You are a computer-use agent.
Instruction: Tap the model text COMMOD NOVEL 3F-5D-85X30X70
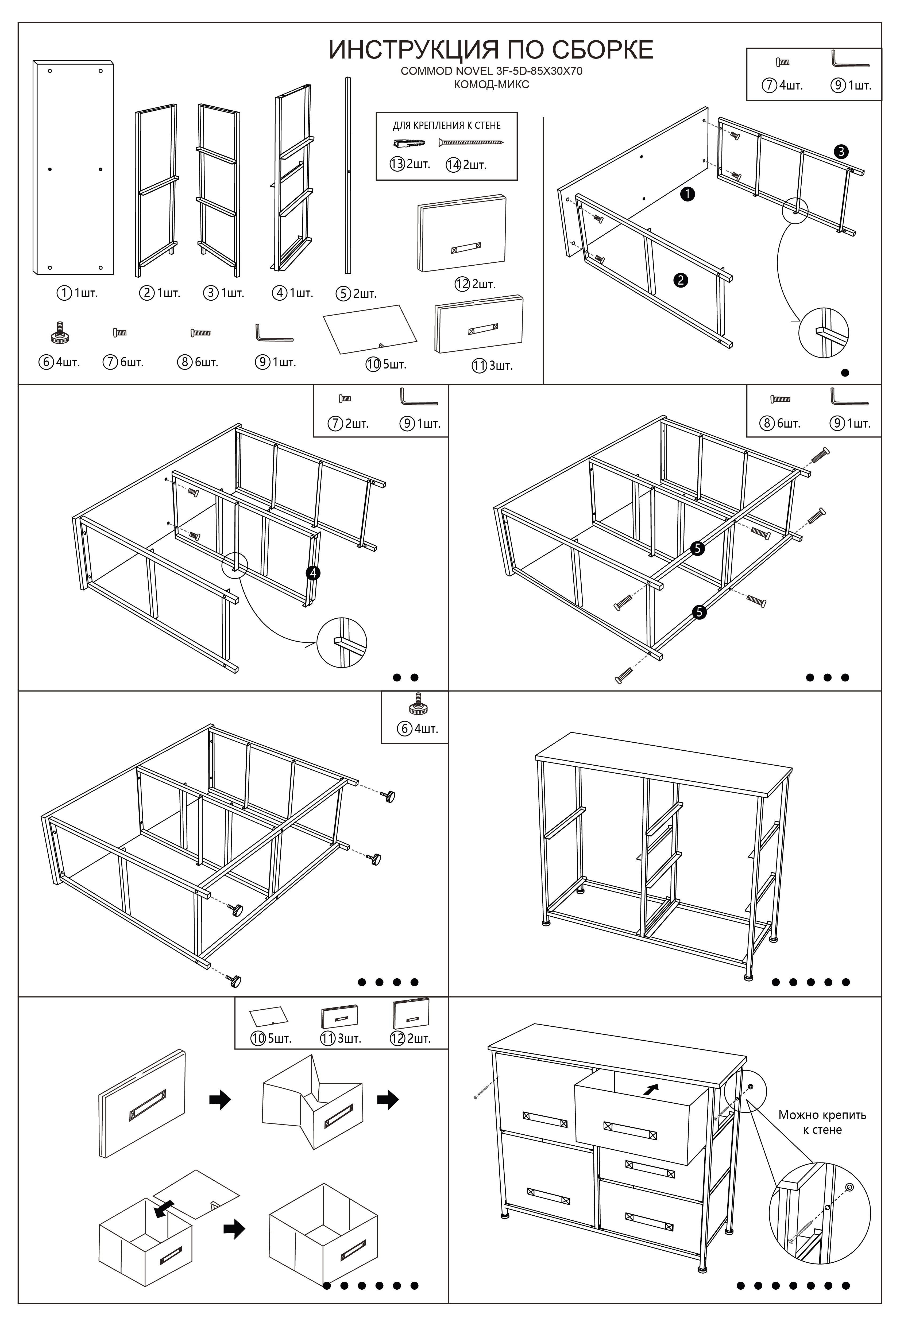click(x=491, y=71)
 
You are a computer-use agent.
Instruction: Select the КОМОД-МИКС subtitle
click(x=491, y=84)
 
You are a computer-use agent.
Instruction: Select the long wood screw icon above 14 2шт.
click(x=471, y=142)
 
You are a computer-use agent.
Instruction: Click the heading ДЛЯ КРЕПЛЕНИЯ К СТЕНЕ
click(x=446, y=126)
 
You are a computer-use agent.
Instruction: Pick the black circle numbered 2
click(x=680, y=280)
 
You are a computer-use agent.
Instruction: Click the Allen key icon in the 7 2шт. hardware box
click(x=418, y=397)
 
